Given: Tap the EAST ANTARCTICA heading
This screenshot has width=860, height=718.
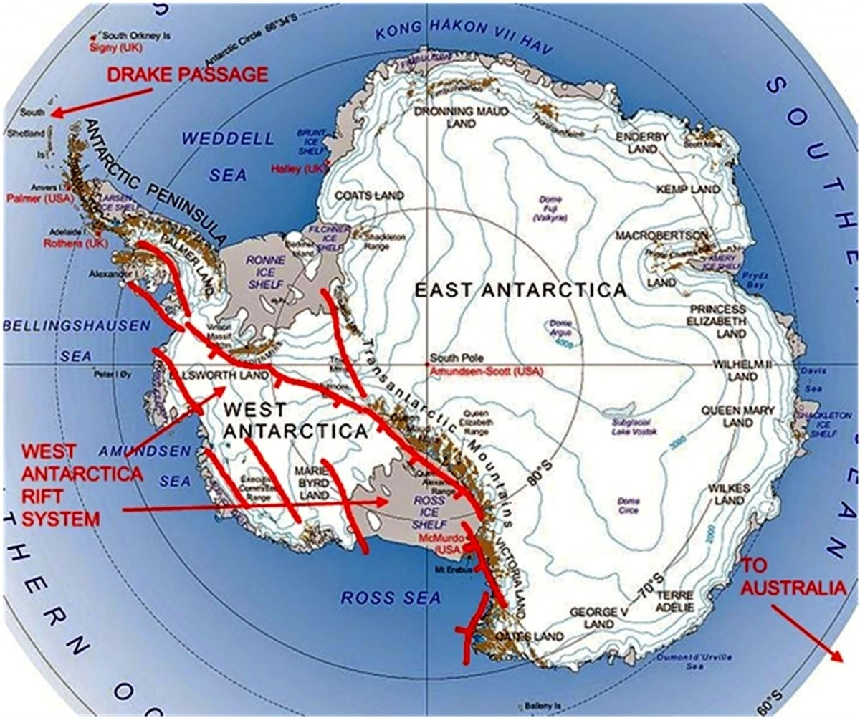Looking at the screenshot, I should pos(521,290).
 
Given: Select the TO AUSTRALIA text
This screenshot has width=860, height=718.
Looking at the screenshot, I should pos(792,577).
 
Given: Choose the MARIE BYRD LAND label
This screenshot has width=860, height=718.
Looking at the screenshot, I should pos(312,483).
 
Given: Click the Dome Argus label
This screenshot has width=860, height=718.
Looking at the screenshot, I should pos(560,328).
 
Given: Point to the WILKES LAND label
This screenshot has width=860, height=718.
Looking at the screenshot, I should pos(729,494).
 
